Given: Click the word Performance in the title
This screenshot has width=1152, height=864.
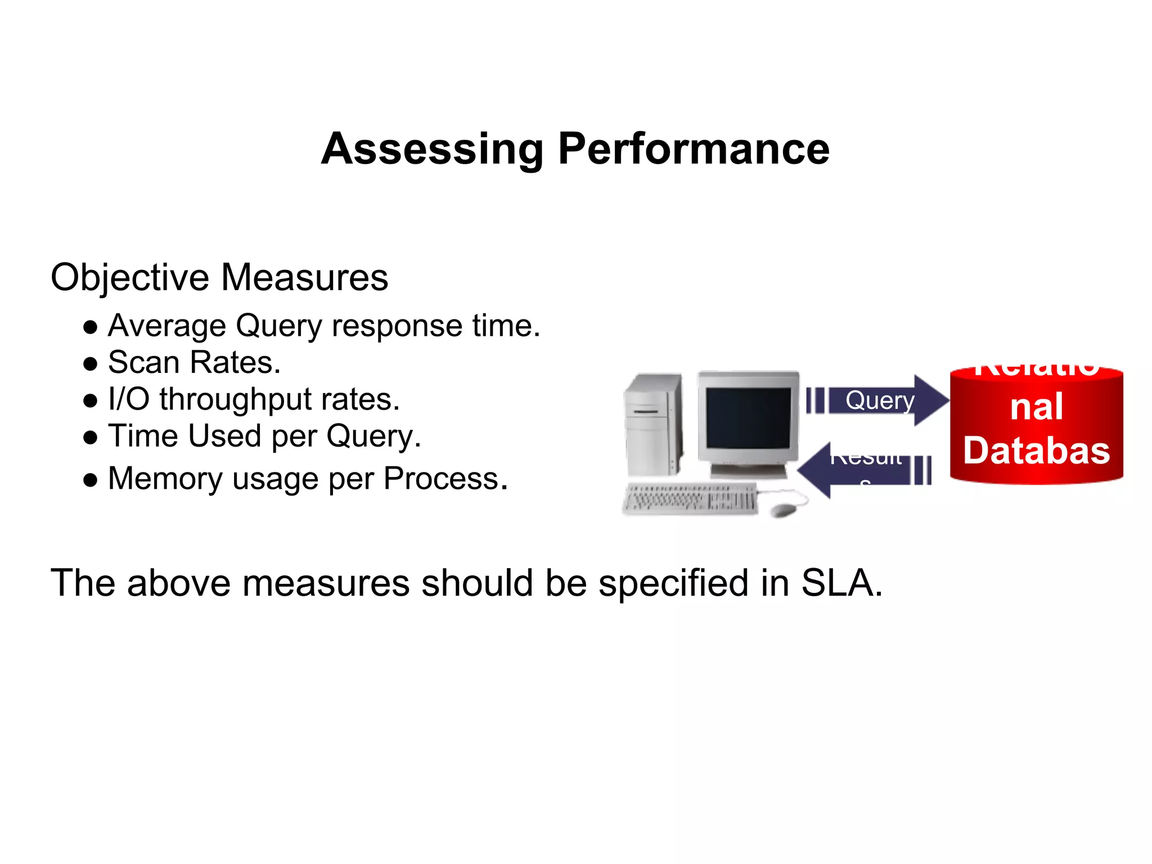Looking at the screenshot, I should click(694, 149).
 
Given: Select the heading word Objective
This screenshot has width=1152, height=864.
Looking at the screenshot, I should click(130, 278).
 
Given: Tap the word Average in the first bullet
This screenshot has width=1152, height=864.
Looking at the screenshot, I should click(166, 326).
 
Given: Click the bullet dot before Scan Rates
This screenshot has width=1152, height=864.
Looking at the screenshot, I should click(90, 364).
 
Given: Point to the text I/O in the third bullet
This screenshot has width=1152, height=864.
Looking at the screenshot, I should click(129, 399).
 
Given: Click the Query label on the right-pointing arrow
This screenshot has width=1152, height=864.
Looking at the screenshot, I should click(880, 400).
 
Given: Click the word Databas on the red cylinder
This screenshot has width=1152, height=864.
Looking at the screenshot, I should click(1036, 451).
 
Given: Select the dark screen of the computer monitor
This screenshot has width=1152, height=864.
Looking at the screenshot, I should click(748, 417).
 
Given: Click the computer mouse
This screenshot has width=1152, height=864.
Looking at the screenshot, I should click(783, 510).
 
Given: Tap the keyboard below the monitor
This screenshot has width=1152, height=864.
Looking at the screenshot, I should click(691, 498).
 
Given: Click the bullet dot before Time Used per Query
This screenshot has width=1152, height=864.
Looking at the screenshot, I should click(90, 438).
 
